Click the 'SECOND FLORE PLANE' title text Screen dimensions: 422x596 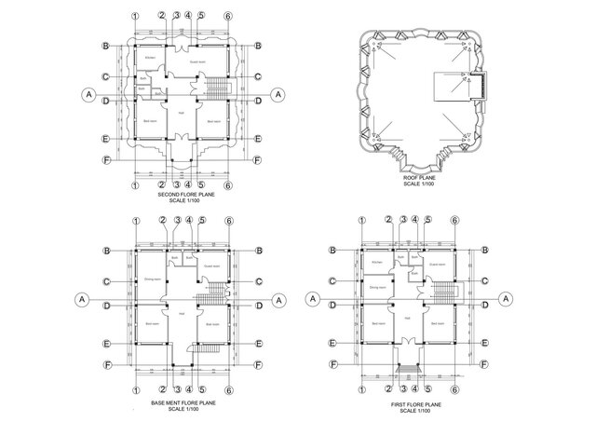click(x=183, y=196)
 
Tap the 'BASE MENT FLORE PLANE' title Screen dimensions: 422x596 click(x=183, y=402)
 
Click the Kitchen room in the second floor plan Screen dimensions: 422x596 click(x=150, y=59)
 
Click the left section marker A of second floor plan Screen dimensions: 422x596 click(x=88, y=94)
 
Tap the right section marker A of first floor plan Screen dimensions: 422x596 click(x=506, y=298)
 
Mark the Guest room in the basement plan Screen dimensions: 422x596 click(x=211, y=266)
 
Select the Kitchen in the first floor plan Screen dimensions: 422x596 click(x=377, y=264)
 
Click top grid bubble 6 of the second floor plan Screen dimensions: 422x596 click(x=229, y=17)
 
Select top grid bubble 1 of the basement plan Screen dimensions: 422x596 click(x=136, y=222)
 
